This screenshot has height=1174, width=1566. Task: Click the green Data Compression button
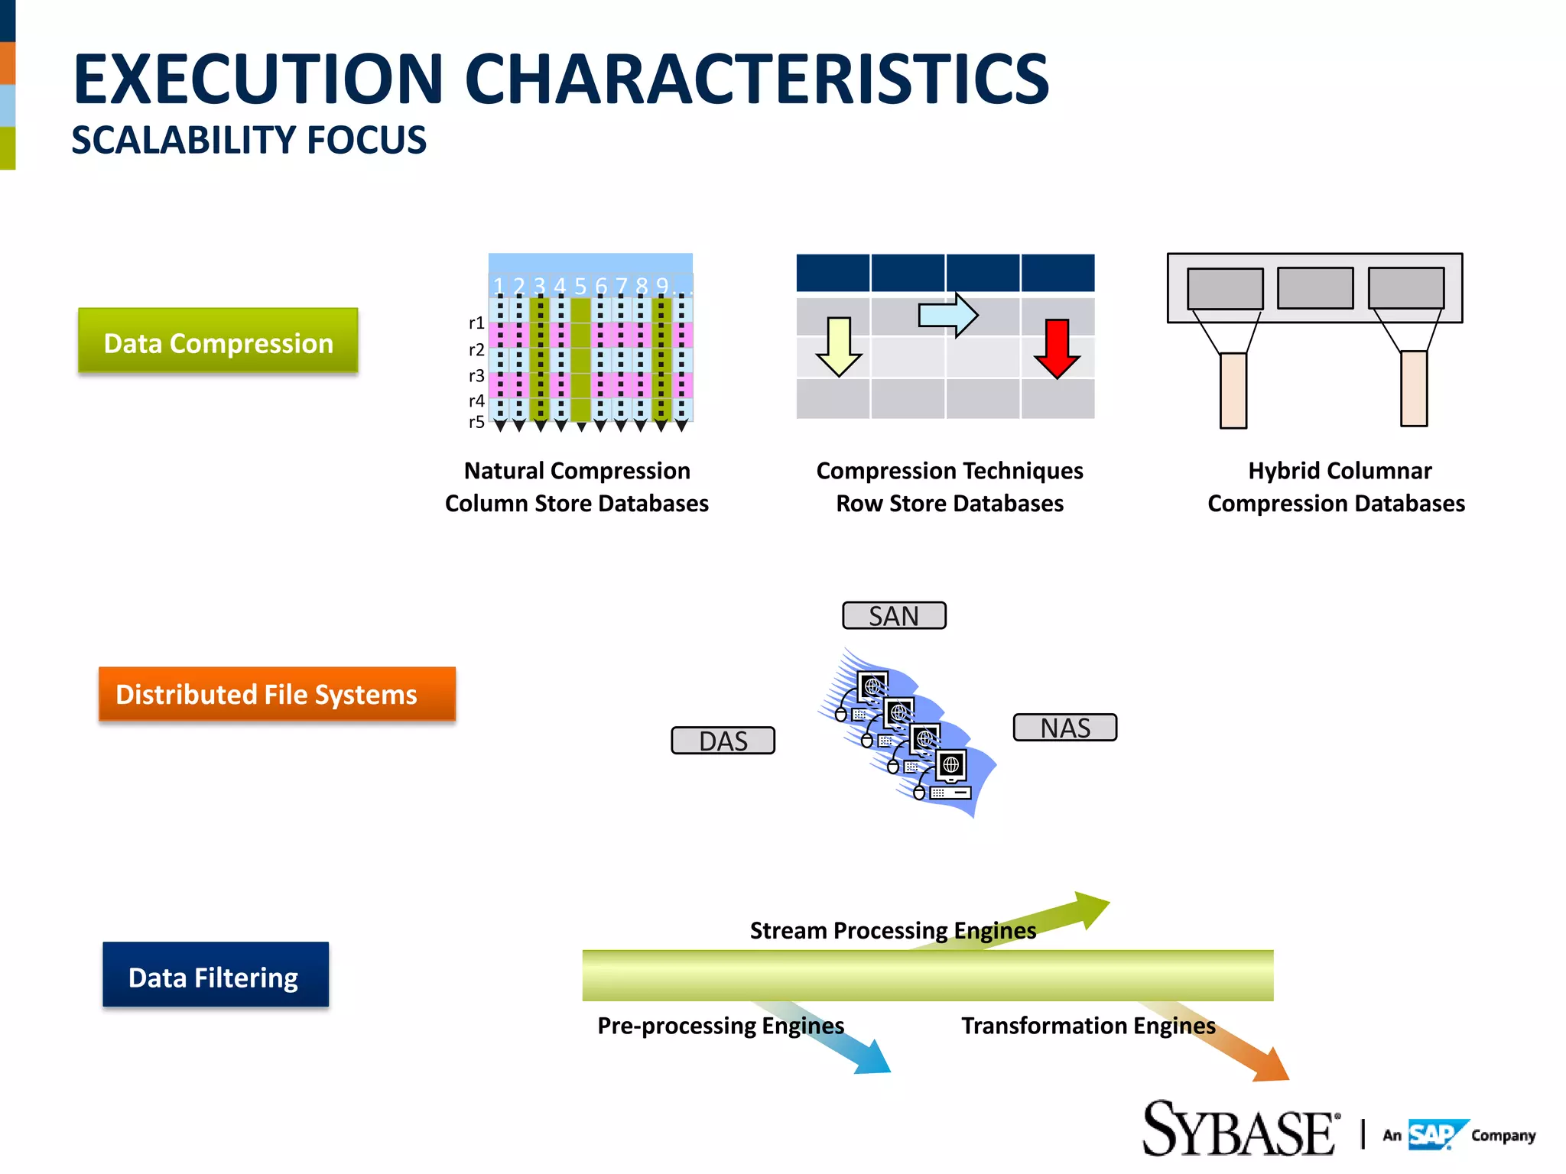click(218, 341)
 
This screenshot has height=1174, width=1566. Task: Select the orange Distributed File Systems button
click(277, 693)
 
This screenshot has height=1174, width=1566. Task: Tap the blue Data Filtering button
click(216, 975)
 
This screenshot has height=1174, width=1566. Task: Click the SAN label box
click(894, 615)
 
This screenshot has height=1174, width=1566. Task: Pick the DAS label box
click(723, 741)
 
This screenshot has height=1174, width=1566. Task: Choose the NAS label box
click(1064, 728)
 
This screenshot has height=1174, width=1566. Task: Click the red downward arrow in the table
click(1057, 349)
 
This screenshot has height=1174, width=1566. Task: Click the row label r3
click(476, 375)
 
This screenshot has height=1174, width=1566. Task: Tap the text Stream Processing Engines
click(892, 930)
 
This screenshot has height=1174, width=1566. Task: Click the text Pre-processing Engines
click(720, 1025)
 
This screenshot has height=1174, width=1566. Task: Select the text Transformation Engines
click(1087, 1025)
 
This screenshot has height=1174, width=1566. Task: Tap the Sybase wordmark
click(1239, 1130)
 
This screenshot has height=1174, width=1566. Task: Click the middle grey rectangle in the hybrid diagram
click(1315, 288)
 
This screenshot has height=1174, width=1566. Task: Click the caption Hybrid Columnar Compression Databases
click(1336, 487)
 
